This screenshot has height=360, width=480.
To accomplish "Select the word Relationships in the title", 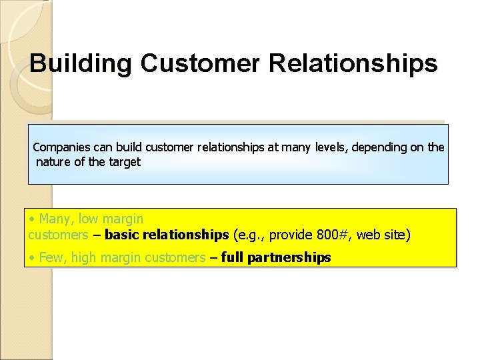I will pyautogui.click(x=353, y=64).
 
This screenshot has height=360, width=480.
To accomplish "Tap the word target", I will pyautogui.click(x=123, y=162).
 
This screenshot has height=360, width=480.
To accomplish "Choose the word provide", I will pyautogui.click(x=291, y=235).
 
